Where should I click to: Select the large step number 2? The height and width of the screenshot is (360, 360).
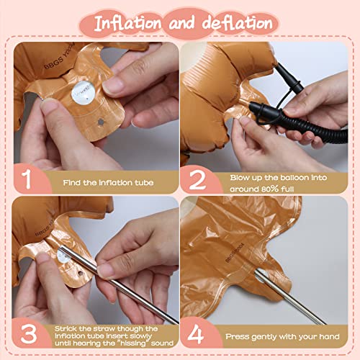pyautogui.click(x=197, y=179)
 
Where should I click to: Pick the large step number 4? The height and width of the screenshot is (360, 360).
pyautogui.click(x=197, y=333)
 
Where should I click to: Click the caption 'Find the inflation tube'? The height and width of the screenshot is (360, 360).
pyautogui.click(x=106, y=182)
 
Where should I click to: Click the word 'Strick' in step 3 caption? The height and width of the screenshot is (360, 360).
pyautogui.click(x=68, y=325)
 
